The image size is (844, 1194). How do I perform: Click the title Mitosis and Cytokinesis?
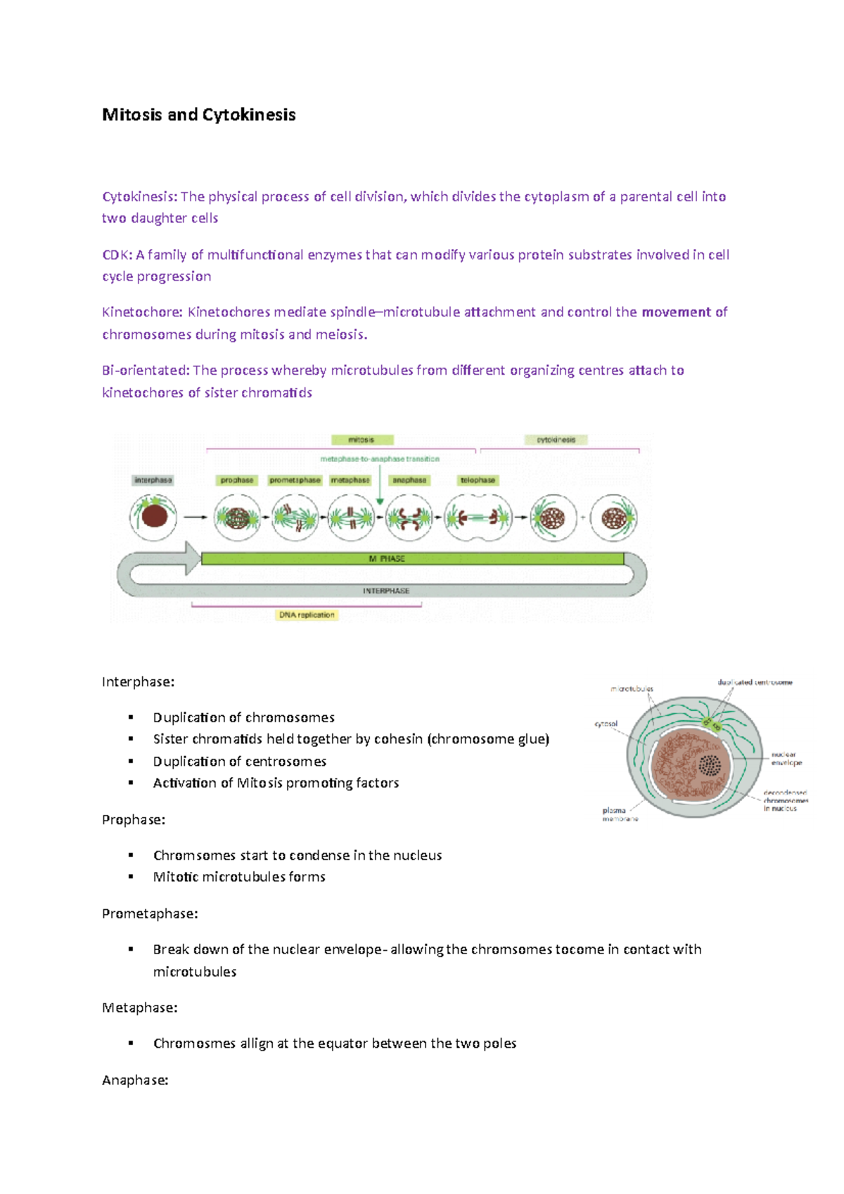(x=198, y=115)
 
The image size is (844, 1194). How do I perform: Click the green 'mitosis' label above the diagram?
(x=362, y=440)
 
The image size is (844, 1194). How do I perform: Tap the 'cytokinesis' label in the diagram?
(x=556, y=440)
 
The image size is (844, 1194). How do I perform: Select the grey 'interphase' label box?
(x=153, y=480)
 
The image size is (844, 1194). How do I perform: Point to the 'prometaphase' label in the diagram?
(x=295, y=480)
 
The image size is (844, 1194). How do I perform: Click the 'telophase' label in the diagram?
(x=478, y=480)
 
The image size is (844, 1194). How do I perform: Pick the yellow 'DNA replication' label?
(x=307, y=615)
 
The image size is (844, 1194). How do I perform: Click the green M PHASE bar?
(x=412, y=558)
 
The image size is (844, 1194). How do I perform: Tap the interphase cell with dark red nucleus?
(x=153, y=516)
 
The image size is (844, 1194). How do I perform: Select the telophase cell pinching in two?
(x=478, y=518)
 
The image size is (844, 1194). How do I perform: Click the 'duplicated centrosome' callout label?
(x=755, y=682)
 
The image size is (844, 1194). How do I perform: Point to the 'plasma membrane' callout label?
(x=619, y=814)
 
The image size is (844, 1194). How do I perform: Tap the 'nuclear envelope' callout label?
(x=786, y=758)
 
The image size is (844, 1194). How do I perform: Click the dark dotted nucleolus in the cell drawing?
(x=710, y=765)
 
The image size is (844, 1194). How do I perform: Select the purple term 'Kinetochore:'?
(x=142, y=312)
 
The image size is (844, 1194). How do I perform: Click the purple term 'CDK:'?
(x=117, y=255)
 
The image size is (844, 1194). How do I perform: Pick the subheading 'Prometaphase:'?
(x=150, y=913)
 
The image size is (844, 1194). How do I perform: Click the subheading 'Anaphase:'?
(x=135, y=1080)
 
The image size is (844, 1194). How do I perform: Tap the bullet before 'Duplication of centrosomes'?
(x=131, y=761)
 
